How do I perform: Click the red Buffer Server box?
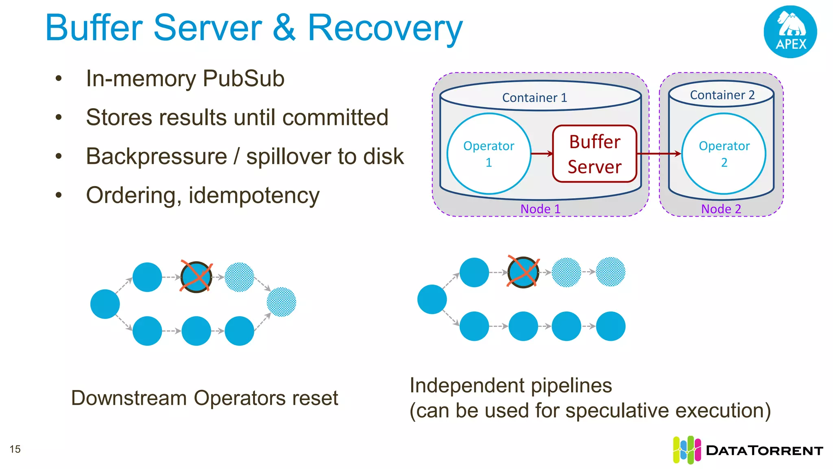[594, 154]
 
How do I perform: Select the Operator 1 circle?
[488, 154]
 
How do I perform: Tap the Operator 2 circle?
[724, 154]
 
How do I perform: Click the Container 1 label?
[534, 98]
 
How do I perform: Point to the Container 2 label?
[722, 95]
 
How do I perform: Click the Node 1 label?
[540, 209]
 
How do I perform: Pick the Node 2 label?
[721, 209]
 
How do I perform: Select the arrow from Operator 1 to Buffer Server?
[542, 153]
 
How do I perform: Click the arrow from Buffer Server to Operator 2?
[658, 153]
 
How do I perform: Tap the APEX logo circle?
[790, 32]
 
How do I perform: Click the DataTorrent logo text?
[764, 450]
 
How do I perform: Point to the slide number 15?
[15, 449]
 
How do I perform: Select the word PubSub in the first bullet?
[243, 78]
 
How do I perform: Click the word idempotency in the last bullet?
[254, 195]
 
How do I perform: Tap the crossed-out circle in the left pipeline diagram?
[196, 277]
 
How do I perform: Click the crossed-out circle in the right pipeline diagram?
[523, 272]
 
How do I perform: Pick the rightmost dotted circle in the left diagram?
[281, 302]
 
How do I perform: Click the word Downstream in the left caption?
[129, 398]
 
